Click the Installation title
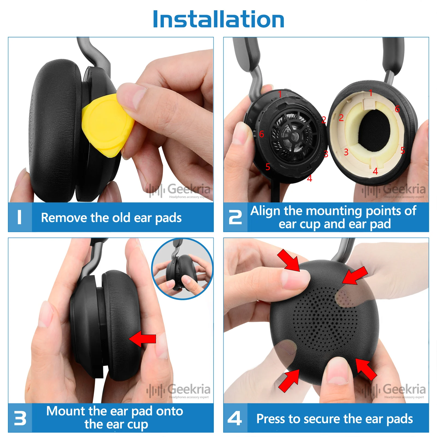pos(218,20)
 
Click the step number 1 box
pos(20,217)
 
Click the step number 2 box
pos(235,217)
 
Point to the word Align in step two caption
pos(265,211)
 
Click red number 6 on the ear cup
pos(261,134)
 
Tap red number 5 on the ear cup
pos(268,167)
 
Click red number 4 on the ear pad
pos(375,171)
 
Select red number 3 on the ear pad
pos(346,152)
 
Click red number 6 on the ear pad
pos(397,109)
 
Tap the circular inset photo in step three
pos(182,269)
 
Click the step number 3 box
pos(20,418)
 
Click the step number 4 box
pos(235,418)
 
